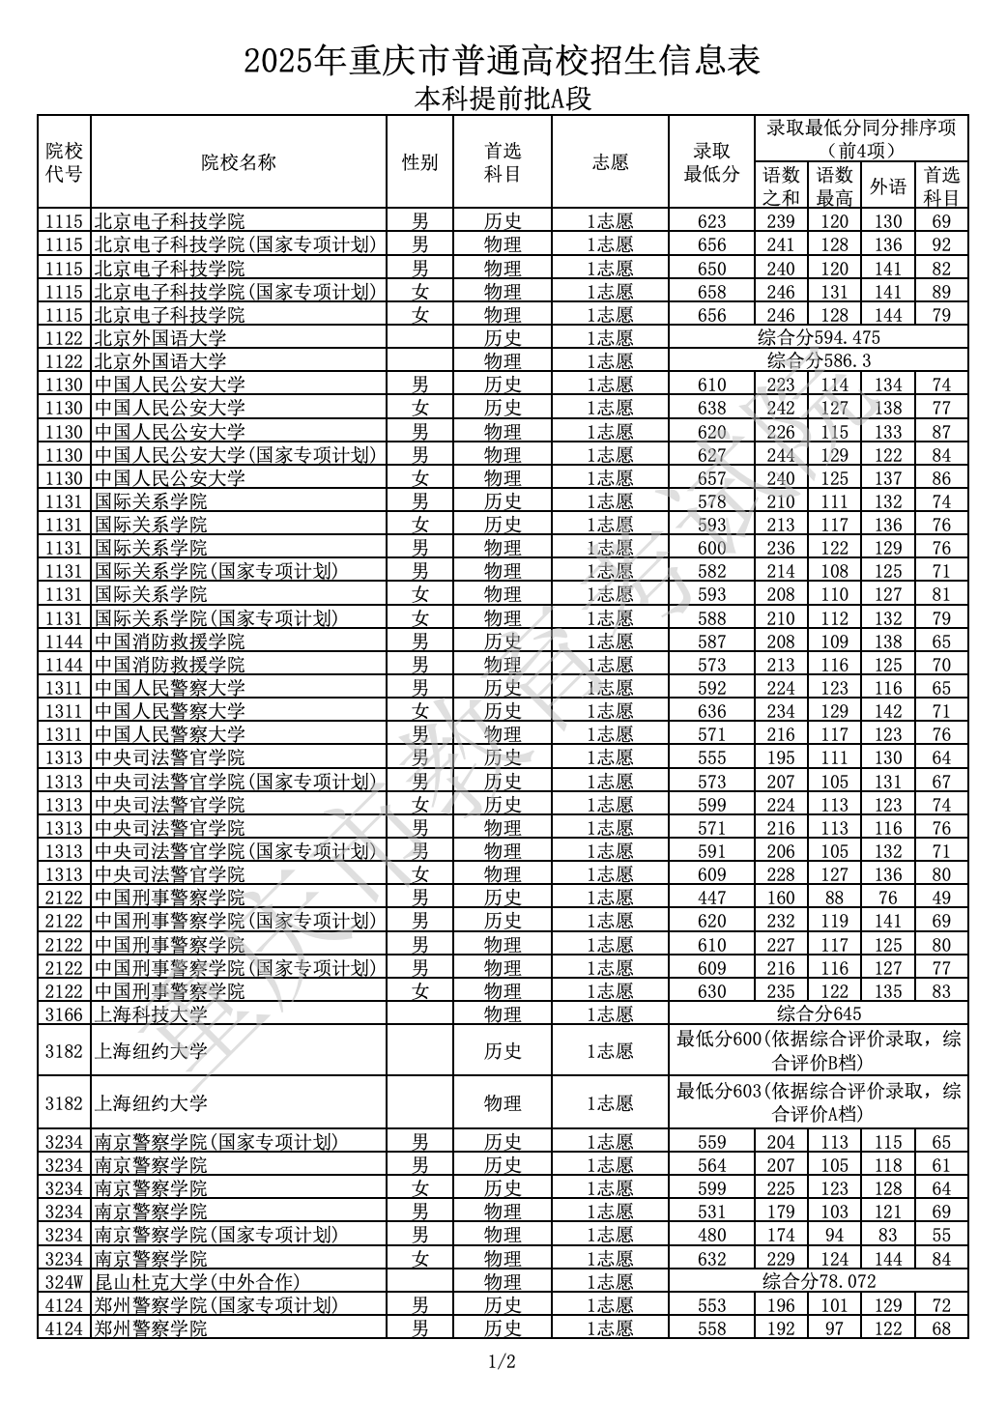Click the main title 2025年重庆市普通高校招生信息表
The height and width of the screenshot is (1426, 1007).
pyautogui.click(x=503, y=61)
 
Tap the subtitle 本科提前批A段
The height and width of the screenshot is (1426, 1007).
pyautogui.click(x=503, y=99)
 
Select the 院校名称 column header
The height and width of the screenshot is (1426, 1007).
pyautogui.click(x=239, y=162)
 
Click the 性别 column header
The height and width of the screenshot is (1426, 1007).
pyautogui.click(x=419, y=162)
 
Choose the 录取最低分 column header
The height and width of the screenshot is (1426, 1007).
pyautogui.click(x=711, y=162)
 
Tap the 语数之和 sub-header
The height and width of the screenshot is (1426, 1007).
pyautogui.click(x=781, y=185)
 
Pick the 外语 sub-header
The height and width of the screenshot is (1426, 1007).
pyautogui.click(x=888, y=185)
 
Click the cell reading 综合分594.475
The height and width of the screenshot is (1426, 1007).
pyautogui.click(x=819, y=338)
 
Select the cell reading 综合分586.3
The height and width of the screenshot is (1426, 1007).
pyautogui.click(x=819, y=361)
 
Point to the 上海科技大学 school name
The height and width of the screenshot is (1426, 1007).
pyautogui.click(x=151, y=1014)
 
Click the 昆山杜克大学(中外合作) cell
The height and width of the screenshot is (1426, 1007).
pyautogui.click(x=197, y=1282)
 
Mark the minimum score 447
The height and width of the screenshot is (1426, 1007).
pyautogui.click(x=711, y=898)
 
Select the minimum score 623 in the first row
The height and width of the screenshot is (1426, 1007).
pyautogui.click(x=711, y=221)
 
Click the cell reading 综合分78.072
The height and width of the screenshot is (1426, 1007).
pyautogui.click(x=819, y=1282)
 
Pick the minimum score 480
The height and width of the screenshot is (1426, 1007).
pyautogui.click(x=711, y=1235)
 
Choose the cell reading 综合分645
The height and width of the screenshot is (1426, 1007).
pyautogui.click(x=819, y=1014)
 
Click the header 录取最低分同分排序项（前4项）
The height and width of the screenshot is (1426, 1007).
pyautogui.click(x=861, y=138)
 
